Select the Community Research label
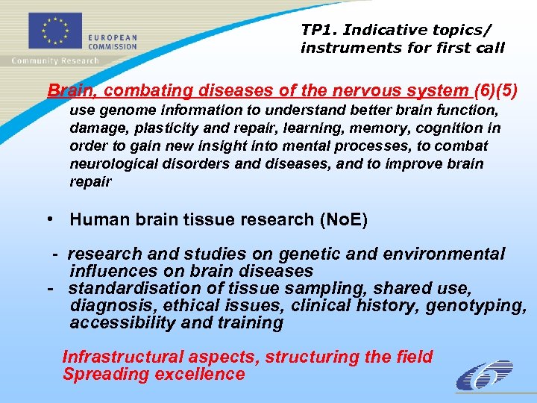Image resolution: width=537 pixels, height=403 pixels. click(x=55, y=61)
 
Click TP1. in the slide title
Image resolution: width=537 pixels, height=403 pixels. click(x=317, y=30)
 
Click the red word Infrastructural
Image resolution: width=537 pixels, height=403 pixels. click(x=119, y=357)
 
